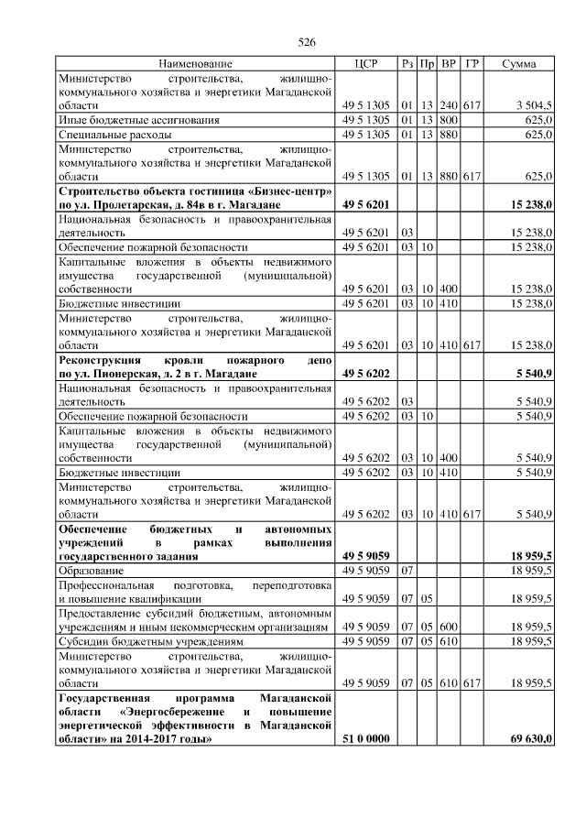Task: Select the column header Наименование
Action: click(x=195, y=63)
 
